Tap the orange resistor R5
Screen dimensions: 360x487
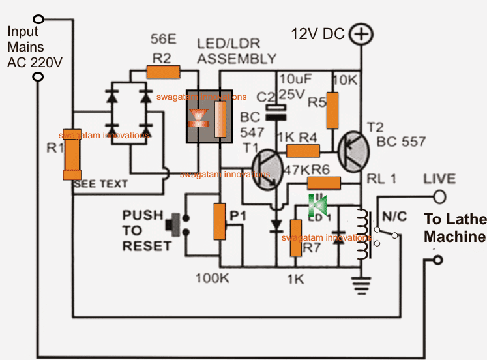pos(333,110)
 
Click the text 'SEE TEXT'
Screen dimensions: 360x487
pos(101,185)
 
